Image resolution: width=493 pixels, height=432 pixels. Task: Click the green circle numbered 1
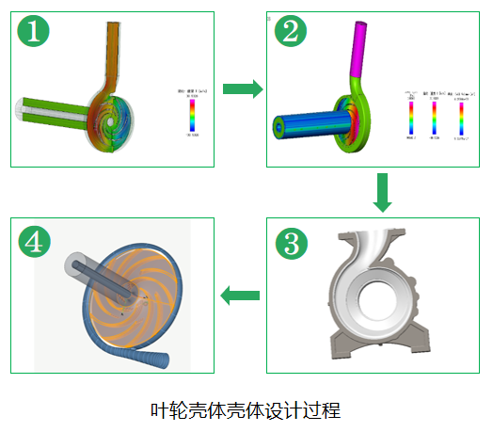tap(34, 34)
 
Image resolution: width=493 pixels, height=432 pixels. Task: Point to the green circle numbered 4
tap(34, 243)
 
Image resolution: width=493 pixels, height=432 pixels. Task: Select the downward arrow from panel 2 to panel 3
tap(381, 192)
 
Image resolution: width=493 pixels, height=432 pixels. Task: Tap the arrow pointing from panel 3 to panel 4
tap(241, 296)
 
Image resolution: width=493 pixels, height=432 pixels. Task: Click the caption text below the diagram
tap(245, 410)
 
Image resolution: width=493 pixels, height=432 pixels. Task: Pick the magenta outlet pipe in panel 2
tap(364, 47)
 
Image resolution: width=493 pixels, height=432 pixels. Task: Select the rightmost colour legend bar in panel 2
tap(461, 119)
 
